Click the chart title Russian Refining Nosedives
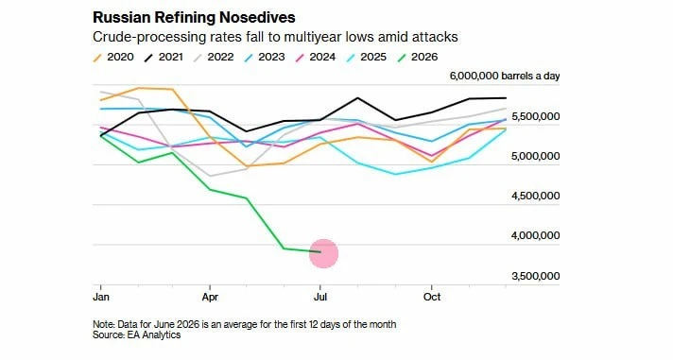pyautogui.click(x=194, y=18)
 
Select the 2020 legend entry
pyautogui.click(x=113, y=57)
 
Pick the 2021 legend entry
pyautogui.click(x=164, y=57)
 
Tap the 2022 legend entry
pyautogui.click(x=214, y=57)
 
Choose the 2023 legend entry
pyautogui.click(x=265, y=57)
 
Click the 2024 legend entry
pyautogui.click(x=316, y=57)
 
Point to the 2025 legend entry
pyautogui.click(x=366, y=57)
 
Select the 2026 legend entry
pyautogui.click(x=417, y=57)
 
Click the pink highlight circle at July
pyautogui.click(x=324, y=253)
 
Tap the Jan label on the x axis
pyautogui.click(x=101, y=297)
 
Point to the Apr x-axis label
pyautogui.click(x=210, y=297)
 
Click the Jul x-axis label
pyautogui.click(x=320, y=297)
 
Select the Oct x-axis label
pyautogui.click(x=432, y=297)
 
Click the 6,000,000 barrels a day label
pyautogui.click(x=505, y=77)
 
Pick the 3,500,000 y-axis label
pyautogui.click(x=536, y=276)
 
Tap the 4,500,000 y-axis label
pyautogui.click(x=536, y=197)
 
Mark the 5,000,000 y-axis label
pyautogui.click(x=536, y=156)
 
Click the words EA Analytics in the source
pyautogui.click(x=154, y=335)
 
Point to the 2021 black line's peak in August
pyautogui.click(x=357, y=98)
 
